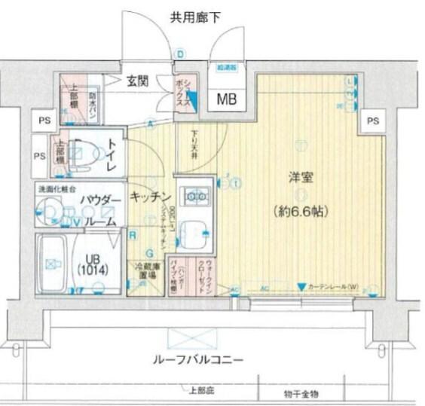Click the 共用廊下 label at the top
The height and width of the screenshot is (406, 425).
[194, 17]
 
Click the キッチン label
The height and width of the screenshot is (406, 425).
[150, 197]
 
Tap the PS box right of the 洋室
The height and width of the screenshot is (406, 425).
[371, 121]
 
